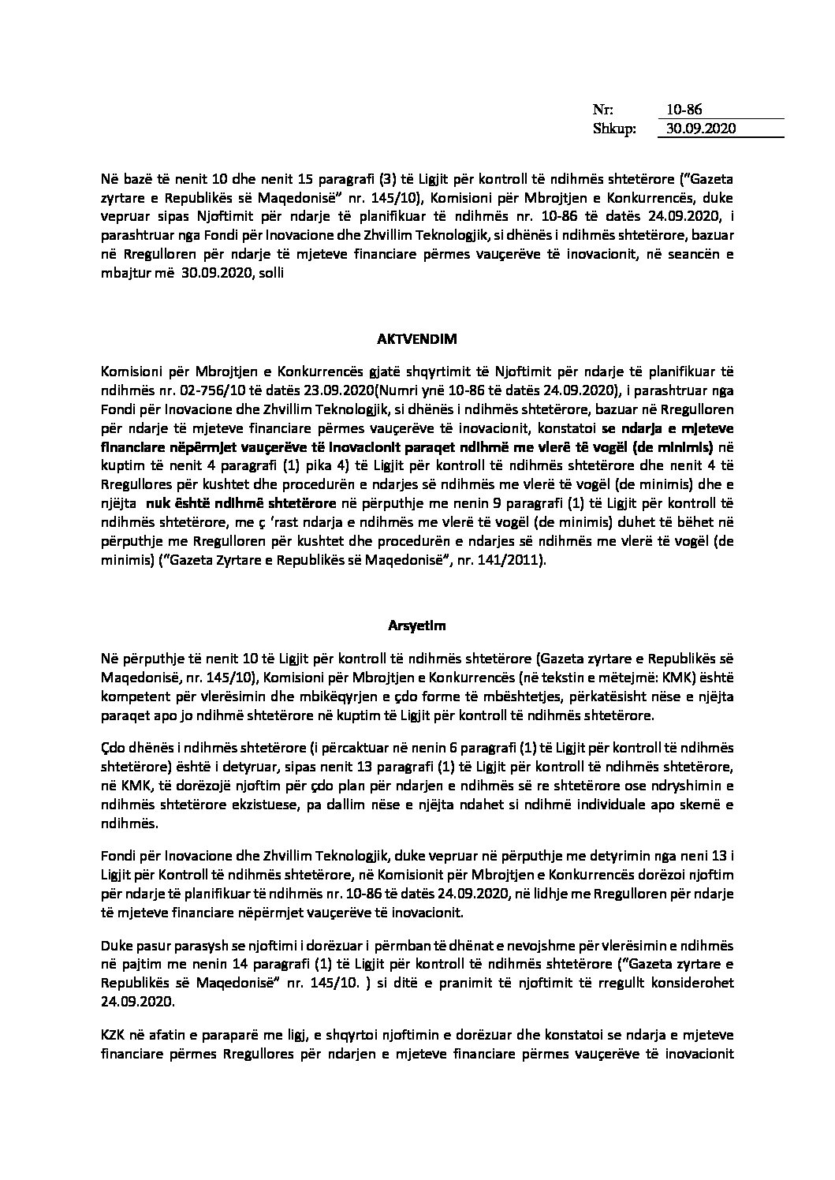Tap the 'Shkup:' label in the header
pos(614,129)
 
